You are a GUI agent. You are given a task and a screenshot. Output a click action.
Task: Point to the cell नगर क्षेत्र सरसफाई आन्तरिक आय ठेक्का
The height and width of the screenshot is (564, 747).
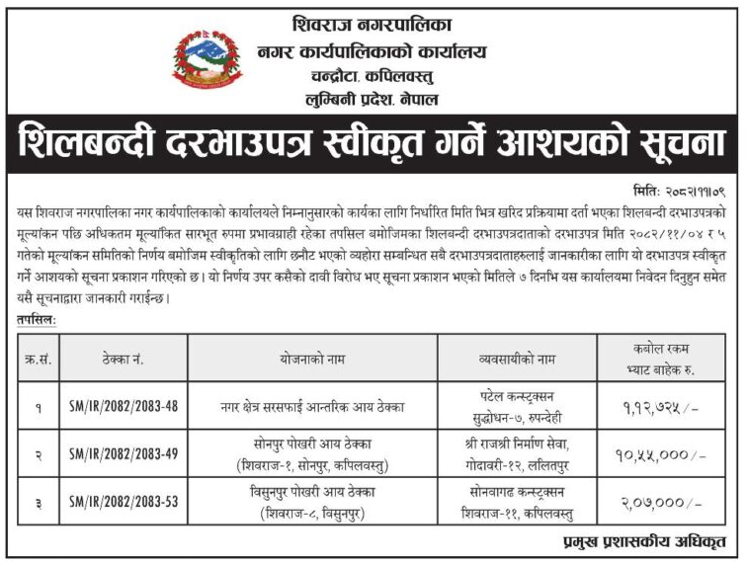tap(315, 406)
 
